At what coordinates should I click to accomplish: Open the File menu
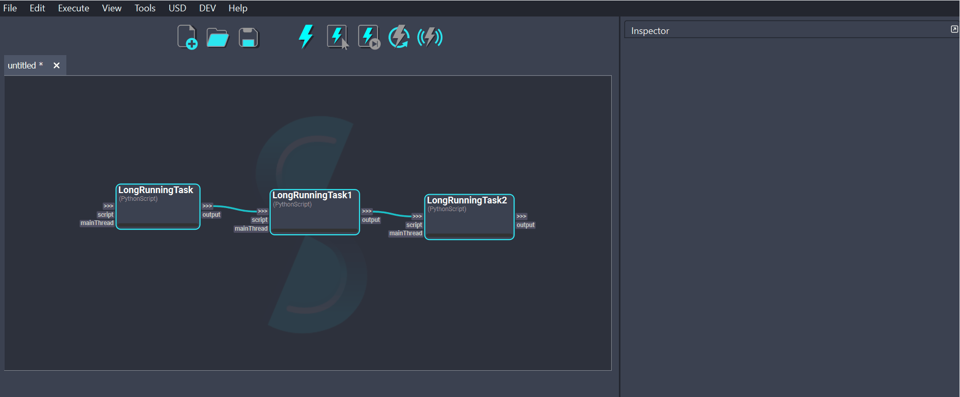click(x=10, y=8)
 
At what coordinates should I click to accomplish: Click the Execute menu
click(x=74, y=8)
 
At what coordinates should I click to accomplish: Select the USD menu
click(x=177, y=8)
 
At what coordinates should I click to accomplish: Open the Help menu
click(x=238, y=8)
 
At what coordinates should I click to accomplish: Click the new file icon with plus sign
click(x=187, y=37)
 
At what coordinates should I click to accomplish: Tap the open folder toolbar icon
click(x=218, y=38)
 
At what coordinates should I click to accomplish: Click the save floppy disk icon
click(x=248, y=38)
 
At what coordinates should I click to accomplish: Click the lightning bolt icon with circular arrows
click(x=399, y=37)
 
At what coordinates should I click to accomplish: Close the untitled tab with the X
click(x=57, y=65)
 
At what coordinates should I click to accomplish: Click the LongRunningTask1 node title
click(x=312, y=195)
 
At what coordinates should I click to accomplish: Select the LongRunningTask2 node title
click(x=467, y=200)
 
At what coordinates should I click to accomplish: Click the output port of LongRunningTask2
click(x=525, y=225)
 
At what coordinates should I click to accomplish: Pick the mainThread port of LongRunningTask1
click(x=251, y=229)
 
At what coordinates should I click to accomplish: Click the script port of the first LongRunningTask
click(x=105, y=215)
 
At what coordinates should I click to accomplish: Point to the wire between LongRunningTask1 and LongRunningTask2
click(x=392, y=214)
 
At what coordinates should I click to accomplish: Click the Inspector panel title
click(x=650, y=31)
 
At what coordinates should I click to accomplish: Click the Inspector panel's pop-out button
click(x=954, y=29)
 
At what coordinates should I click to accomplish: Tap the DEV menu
click(x=207, y=8)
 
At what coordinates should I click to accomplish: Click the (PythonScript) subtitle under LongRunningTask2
click(x=447, y=209)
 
